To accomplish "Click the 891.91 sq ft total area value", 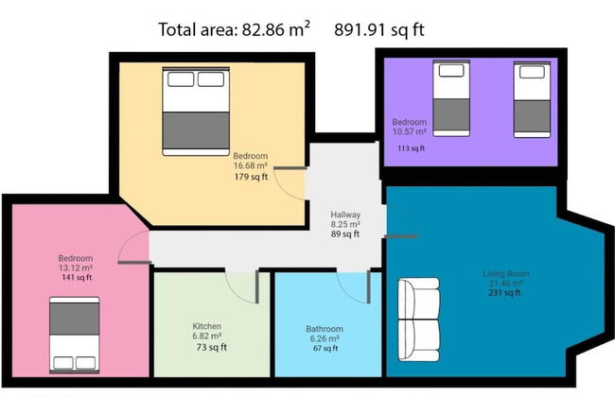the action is [378, 30].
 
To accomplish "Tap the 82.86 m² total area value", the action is [275, 29].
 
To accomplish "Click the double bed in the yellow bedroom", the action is [196, 112].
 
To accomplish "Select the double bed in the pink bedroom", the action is [74, 335].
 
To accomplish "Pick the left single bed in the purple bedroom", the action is [451, 98].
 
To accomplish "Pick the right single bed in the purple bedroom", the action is [532, 99].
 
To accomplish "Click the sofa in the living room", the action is [418, 319].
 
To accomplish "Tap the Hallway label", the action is [345, 215].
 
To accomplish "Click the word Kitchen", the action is [206, 326].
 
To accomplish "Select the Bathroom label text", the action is [325, 329].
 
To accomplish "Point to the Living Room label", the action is [505, 273].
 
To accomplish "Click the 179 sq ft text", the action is [251, 177].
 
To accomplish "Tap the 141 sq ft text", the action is [77, 278].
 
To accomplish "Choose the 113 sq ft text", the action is [411, 148].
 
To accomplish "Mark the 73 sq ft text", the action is [212, 347].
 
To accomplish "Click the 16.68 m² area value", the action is [251, 165].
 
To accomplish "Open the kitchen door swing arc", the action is [236, 294].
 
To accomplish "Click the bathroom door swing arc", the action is [347, 294].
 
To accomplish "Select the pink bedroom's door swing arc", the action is [128, 238].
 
